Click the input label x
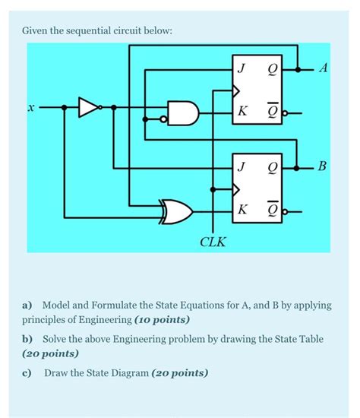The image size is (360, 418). click(30, 109)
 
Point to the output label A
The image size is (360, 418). click(324, 69)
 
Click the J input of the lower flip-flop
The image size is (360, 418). click(242, 166)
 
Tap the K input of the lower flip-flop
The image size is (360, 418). click(242, 209)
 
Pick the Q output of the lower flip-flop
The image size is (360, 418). click(271, 166)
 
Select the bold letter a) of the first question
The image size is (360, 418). click(27, 305)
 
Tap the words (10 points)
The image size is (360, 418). click(162, 319)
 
